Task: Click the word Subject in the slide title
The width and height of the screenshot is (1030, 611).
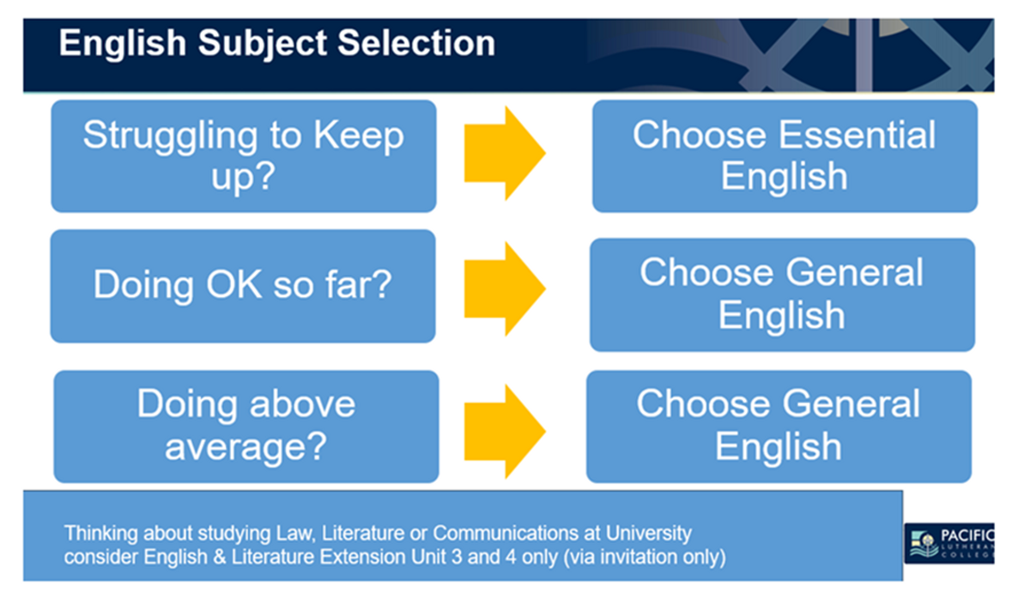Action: click(263, 44)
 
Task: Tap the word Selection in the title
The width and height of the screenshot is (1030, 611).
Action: click(416, 43)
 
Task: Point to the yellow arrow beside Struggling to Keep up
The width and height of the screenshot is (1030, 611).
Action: click(505, 153)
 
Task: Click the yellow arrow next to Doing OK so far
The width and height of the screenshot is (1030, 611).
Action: click(505, 288)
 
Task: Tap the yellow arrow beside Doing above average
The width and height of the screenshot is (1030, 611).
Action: click(505, 432)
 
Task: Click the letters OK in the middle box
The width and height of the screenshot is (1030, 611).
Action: click(234, 284)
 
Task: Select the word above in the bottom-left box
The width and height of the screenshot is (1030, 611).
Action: click(302, 404)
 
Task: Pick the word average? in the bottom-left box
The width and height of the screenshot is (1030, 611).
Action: click(246, 447)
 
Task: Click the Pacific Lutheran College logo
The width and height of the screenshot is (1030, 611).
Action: click(949, 543)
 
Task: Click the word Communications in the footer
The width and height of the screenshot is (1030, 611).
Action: click(506, 533)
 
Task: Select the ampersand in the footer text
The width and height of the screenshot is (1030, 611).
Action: click(220, 557)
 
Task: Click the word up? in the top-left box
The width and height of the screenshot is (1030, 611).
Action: click(243, 178)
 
